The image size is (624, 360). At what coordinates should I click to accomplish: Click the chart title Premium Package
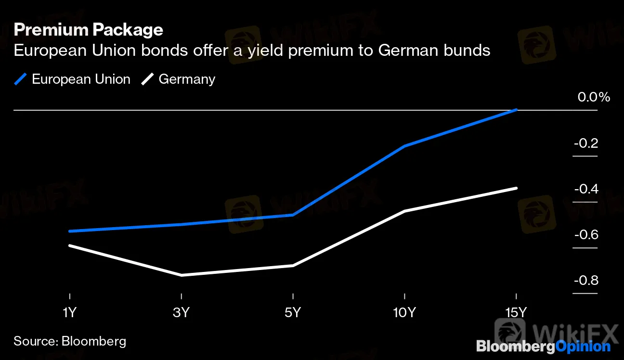click(x=89, y=30)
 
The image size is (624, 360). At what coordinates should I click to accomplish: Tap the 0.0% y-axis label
click(x=594, y=97)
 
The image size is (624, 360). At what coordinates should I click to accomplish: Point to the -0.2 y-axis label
click(x=586, y=143)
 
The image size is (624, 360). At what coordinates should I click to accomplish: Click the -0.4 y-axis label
click(x=586, y=189)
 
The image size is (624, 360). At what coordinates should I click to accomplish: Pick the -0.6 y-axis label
click(x=586, y=235)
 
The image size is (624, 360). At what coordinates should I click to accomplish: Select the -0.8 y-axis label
click(x=586, y=281)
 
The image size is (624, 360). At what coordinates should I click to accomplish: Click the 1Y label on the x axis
click(x=70, y=313)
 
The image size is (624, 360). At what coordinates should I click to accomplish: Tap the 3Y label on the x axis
click(x=181, y=313)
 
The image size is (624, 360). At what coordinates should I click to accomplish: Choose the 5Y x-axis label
click(x=293, y=313)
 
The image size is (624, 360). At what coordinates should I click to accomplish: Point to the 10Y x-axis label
click(x=404, y=313)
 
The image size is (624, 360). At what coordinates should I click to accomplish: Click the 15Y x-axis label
click(x=516, y=313)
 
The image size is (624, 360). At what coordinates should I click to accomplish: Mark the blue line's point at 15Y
click(x=516, y=110)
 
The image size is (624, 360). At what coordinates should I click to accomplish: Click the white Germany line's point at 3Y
click(x=181, y=275)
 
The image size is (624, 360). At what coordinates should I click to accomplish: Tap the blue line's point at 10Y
click(x=404, y=146)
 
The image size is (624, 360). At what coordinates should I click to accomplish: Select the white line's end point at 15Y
click(x=516, y=188)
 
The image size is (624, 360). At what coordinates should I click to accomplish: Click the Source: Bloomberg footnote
click(x=70, y=342)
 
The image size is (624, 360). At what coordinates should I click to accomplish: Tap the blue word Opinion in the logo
click(x=582, y=346)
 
